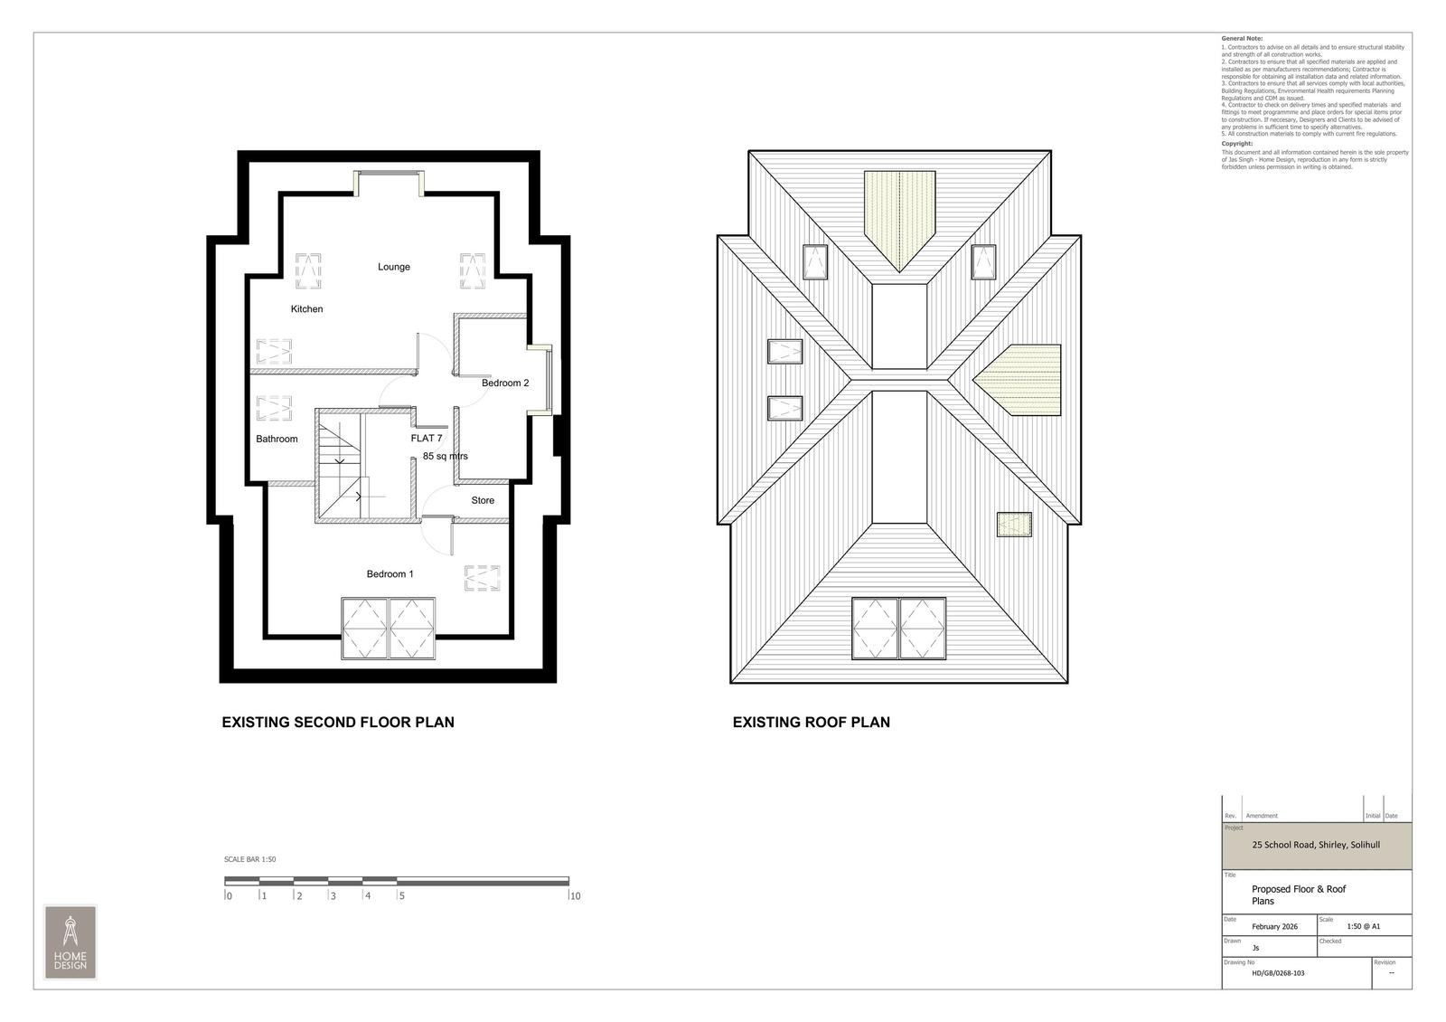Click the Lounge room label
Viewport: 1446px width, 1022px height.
(394, 267)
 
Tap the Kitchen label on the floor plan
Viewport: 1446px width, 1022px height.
(306, 309)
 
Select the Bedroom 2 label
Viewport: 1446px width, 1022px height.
(505, 383)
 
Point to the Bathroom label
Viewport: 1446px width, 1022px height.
(277, 440)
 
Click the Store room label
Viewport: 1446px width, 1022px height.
(483, 501)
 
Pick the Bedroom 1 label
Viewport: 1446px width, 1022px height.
(390, 574)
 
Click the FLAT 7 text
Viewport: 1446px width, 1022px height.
(427, 439)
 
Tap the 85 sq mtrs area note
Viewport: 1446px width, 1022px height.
(445, 457)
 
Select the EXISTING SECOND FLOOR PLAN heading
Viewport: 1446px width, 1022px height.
(338, 723)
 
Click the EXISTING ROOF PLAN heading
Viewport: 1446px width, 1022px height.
(811, 723)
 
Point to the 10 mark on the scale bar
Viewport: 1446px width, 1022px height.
(574, 897)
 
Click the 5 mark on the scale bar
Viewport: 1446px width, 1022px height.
(401, 897)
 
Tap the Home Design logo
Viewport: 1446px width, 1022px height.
(70, 942)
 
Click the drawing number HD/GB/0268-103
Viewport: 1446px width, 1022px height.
(1278, 974)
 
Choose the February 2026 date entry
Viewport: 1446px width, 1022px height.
(1274, 927)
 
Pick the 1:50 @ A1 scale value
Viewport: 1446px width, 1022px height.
(1363, 927)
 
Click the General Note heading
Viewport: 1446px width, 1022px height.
(1242, 39)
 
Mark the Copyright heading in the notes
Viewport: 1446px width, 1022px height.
(1236, 144)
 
